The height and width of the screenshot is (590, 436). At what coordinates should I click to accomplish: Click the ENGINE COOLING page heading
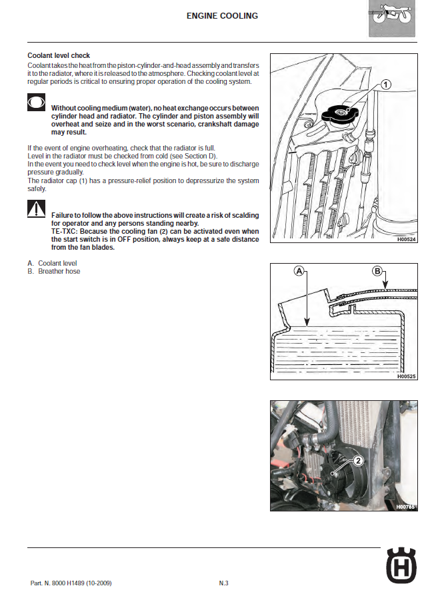[x=222, y=16]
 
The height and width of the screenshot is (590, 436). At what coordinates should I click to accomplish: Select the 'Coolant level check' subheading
[x=59, y=55]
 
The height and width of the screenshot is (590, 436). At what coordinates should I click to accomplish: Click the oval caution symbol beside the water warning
[x=36, y=103]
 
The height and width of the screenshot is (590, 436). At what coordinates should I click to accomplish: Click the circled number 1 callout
[x=386, y=85]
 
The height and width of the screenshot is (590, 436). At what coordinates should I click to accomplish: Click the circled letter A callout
[x=299, y=271]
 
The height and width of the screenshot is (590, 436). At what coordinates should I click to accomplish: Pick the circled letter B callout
[x=377, y=271]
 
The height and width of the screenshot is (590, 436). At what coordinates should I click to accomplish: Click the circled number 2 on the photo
[x=358, y=459]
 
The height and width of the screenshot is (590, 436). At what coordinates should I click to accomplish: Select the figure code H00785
[x=405, y=507]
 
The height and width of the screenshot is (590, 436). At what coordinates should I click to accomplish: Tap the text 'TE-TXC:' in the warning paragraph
[x=65, y=231]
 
